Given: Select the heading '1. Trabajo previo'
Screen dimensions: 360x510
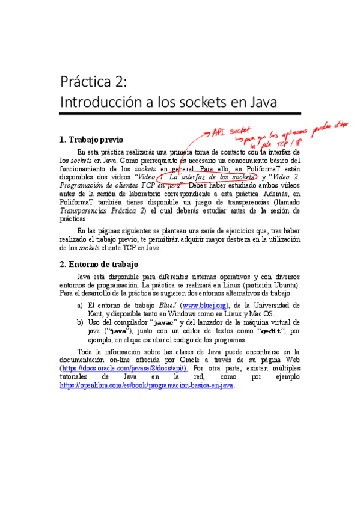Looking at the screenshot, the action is (x=91, y=140).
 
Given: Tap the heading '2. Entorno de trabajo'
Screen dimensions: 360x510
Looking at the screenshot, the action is (x=99, y=264).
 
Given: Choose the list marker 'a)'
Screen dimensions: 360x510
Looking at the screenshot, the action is (x=80, y=306).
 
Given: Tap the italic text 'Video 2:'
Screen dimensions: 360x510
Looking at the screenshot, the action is (x=285, y=177).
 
